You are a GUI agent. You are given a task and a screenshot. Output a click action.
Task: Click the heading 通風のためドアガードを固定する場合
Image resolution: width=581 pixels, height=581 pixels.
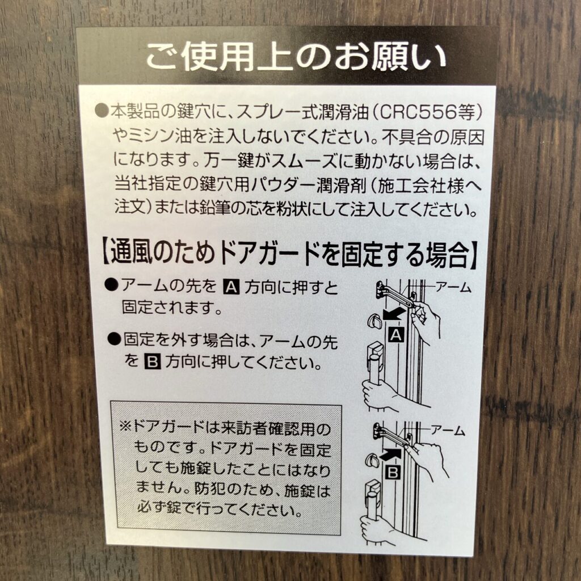pos(289,255)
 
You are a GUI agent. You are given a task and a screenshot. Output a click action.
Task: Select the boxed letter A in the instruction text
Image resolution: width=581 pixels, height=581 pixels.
pos(232,287)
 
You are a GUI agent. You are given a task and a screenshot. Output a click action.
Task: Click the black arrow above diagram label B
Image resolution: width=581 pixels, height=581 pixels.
pos(390,454)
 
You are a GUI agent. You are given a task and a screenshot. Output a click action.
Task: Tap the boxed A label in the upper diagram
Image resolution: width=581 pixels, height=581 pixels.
pos(396,335)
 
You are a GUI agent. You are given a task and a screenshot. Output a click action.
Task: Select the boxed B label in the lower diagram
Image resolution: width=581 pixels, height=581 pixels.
pos(393,473)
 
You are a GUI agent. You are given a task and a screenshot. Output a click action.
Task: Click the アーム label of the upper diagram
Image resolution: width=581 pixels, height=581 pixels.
pos(453,287)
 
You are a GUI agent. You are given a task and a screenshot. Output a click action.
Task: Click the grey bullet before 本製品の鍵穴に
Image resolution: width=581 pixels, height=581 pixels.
pos(101,111)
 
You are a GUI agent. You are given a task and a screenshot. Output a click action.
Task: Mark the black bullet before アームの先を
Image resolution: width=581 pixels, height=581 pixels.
pos(111,285)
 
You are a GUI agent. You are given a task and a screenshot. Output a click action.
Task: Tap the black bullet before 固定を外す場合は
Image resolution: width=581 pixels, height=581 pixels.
pos(115,339)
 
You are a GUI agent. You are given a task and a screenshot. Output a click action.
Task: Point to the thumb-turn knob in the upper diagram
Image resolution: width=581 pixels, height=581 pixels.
pos(374,320)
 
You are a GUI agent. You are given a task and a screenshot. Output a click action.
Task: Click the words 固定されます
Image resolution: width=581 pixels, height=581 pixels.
pos(172,307)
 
